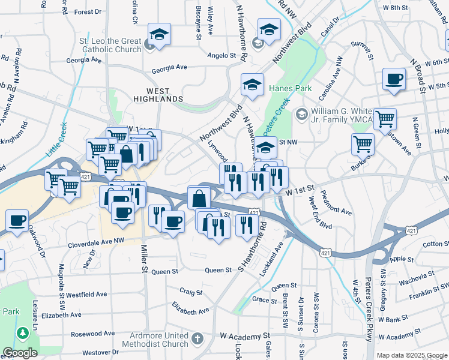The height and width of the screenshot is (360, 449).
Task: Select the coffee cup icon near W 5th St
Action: tap(394, 79)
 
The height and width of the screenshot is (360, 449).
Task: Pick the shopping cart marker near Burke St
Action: tap(363, 144)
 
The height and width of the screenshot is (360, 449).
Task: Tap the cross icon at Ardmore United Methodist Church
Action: tap(199, 339)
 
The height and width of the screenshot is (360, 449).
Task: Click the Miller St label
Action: tap(145, 259)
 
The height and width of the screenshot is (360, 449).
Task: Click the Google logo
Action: tap(20, 353)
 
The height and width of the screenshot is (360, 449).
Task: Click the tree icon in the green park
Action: tap(23, 332)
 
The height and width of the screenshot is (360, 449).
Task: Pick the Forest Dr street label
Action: tap(88, 11)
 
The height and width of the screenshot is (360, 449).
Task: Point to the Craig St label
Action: tap(191, 292)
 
